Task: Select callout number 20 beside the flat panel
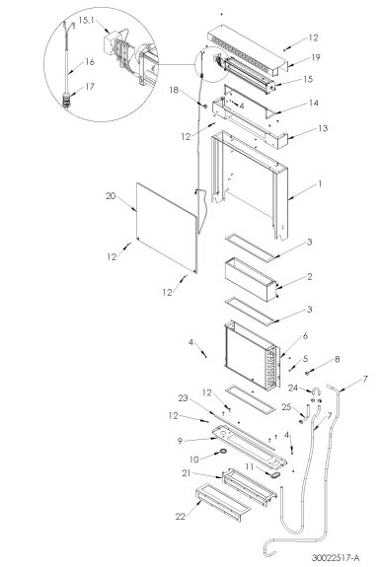(112, 197)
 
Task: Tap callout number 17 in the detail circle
(90, 86)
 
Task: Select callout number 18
(174, 92)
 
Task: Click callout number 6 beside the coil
(305, 337)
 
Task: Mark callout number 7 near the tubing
(366, 380)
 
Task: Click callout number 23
(183, 397)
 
